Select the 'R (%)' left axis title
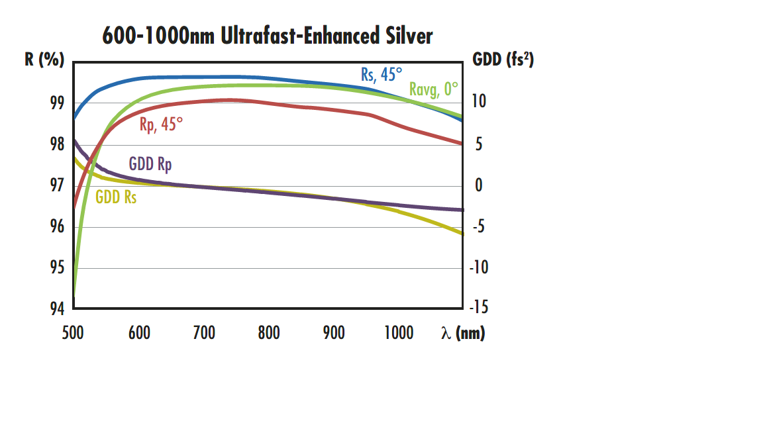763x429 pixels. [44, 60]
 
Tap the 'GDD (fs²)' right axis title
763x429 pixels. [503, 59]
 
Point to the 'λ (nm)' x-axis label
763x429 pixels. [463, 332]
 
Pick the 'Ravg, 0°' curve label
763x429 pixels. [433, 89]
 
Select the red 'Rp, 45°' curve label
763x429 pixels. [161, 124]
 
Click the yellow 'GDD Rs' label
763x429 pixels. [116, 197]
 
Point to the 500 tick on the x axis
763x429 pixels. [73, 332]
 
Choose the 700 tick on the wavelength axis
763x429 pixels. [203, 332]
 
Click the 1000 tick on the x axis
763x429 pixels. [399, 332]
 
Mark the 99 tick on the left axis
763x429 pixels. [57, 103]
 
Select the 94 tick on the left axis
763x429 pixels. [57, 309]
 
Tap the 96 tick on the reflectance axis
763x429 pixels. [57, 227]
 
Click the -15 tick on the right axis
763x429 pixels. [478, 309]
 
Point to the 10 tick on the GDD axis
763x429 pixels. [478, 102]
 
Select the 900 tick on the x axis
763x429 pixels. [334, 332]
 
